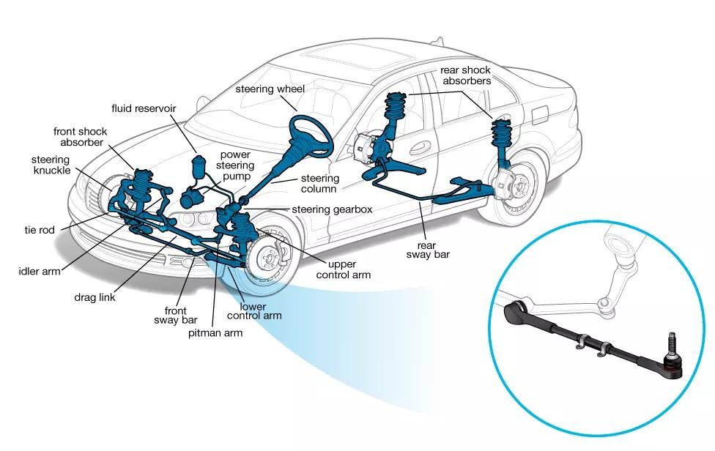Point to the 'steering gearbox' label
point(332,209)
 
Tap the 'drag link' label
point(95,298)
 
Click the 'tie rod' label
point(39,230)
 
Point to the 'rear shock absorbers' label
point(465,75)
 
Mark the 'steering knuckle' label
point(51,165)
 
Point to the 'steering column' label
point(320,184)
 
